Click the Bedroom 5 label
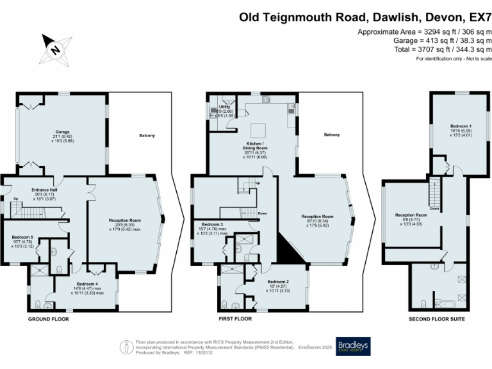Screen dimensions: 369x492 [22, 237]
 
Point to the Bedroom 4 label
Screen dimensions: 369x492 [86, 284]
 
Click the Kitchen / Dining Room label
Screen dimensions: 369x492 [256, 145]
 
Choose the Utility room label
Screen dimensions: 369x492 [224, 106]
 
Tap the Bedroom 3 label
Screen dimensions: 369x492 [211, 225]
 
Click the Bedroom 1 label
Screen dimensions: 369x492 [461, 126]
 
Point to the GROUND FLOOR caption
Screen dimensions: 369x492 [48, 318]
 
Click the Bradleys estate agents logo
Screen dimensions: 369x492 [353, 347]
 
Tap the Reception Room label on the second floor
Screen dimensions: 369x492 [411, 215]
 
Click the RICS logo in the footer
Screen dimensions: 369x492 [127, 347]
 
